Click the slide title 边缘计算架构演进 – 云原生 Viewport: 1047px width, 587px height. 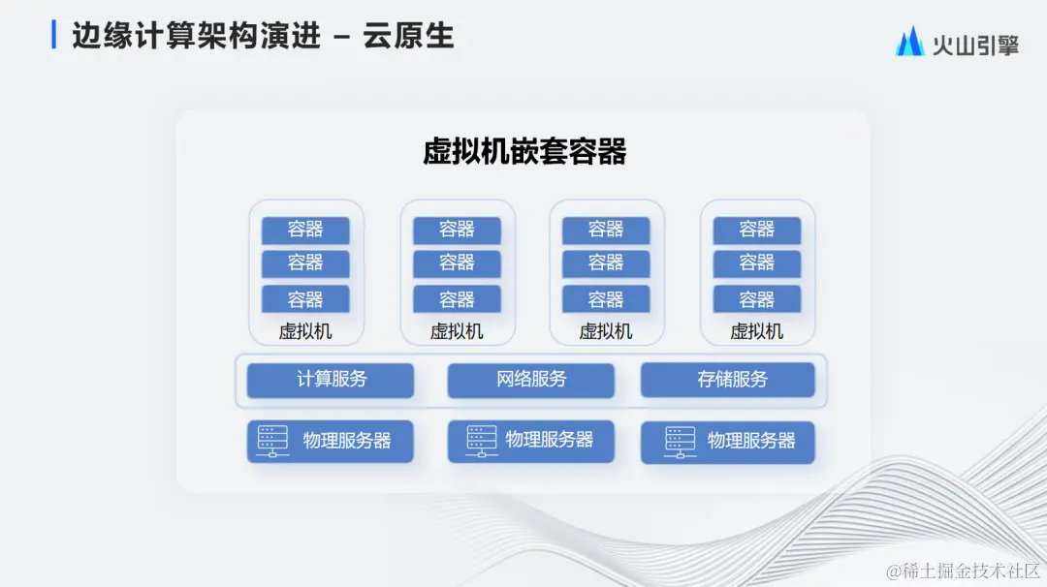263,36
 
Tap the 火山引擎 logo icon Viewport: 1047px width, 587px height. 908,42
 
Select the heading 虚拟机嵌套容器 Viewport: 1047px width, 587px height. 524,152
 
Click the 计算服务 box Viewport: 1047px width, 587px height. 331,380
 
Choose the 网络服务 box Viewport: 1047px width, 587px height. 530,380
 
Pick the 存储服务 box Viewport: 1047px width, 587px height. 727,380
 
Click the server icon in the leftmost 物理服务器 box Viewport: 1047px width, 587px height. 272,442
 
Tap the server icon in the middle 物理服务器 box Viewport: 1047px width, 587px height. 481,442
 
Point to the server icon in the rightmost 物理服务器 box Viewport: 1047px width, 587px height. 680,442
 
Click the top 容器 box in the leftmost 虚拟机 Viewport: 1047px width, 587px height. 305,230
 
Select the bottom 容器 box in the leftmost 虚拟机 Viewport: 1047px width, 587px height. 305,298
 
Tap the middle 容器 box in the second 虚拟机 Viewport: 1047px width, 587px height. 457,263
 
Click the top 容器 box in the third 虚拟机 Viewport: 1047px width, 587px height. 606,230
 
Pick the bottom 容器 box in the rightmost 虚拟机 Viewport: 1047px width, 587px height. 757,298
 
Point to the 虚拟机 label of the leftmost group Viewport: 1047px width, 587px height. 305,331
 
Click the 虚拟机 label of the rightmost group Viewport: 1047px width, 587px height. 757,331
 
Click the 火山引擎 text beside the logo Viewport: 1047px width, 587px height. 975,44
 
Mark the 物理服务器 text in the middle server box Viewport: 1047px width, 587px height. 550,441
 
